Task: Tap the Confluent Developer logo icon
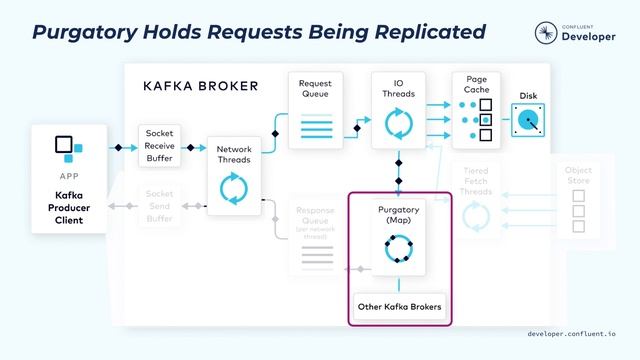[546, 32]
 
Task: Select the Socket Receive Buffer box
[160, 147]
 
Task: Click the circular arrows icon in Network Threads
[233, 188]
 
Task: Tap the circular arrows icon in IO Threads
[399, 125]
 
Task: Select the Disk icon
[528, 122]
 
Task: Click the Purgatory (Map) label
[399, 215]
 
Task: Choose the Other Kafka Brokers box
[399, 306]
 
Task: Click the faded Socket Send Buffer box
[160, 207]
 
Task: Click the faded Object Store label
[578, 177]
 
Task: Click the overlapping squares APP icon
[68, 148]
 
